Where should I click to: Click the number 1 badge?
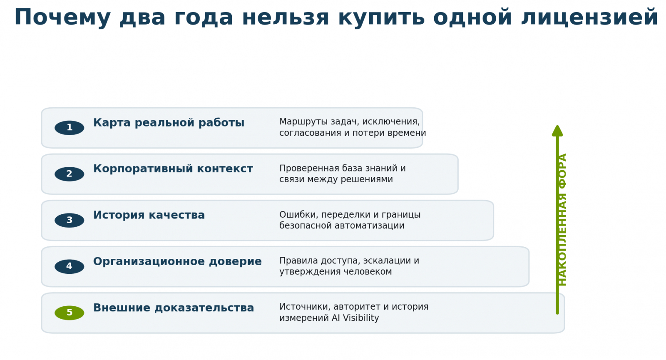[69, 128]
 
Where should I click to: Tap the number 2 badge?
[69, 174]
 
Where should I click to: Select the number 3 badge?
[69, 220]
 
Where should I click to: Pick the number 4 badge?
[69, 266]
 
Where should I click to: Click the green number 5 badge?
[69, 313]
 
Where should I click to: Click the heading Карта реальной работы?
[169, 123]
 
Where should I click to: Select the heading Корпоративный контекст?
[173, 169]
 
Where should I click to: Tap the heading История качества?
[149, 215]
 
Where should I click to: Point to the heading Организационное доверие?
[177, 262]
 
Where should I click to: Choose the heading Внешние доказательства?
[174, 308]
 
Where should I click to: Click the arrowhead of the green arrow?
[557, 131]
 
